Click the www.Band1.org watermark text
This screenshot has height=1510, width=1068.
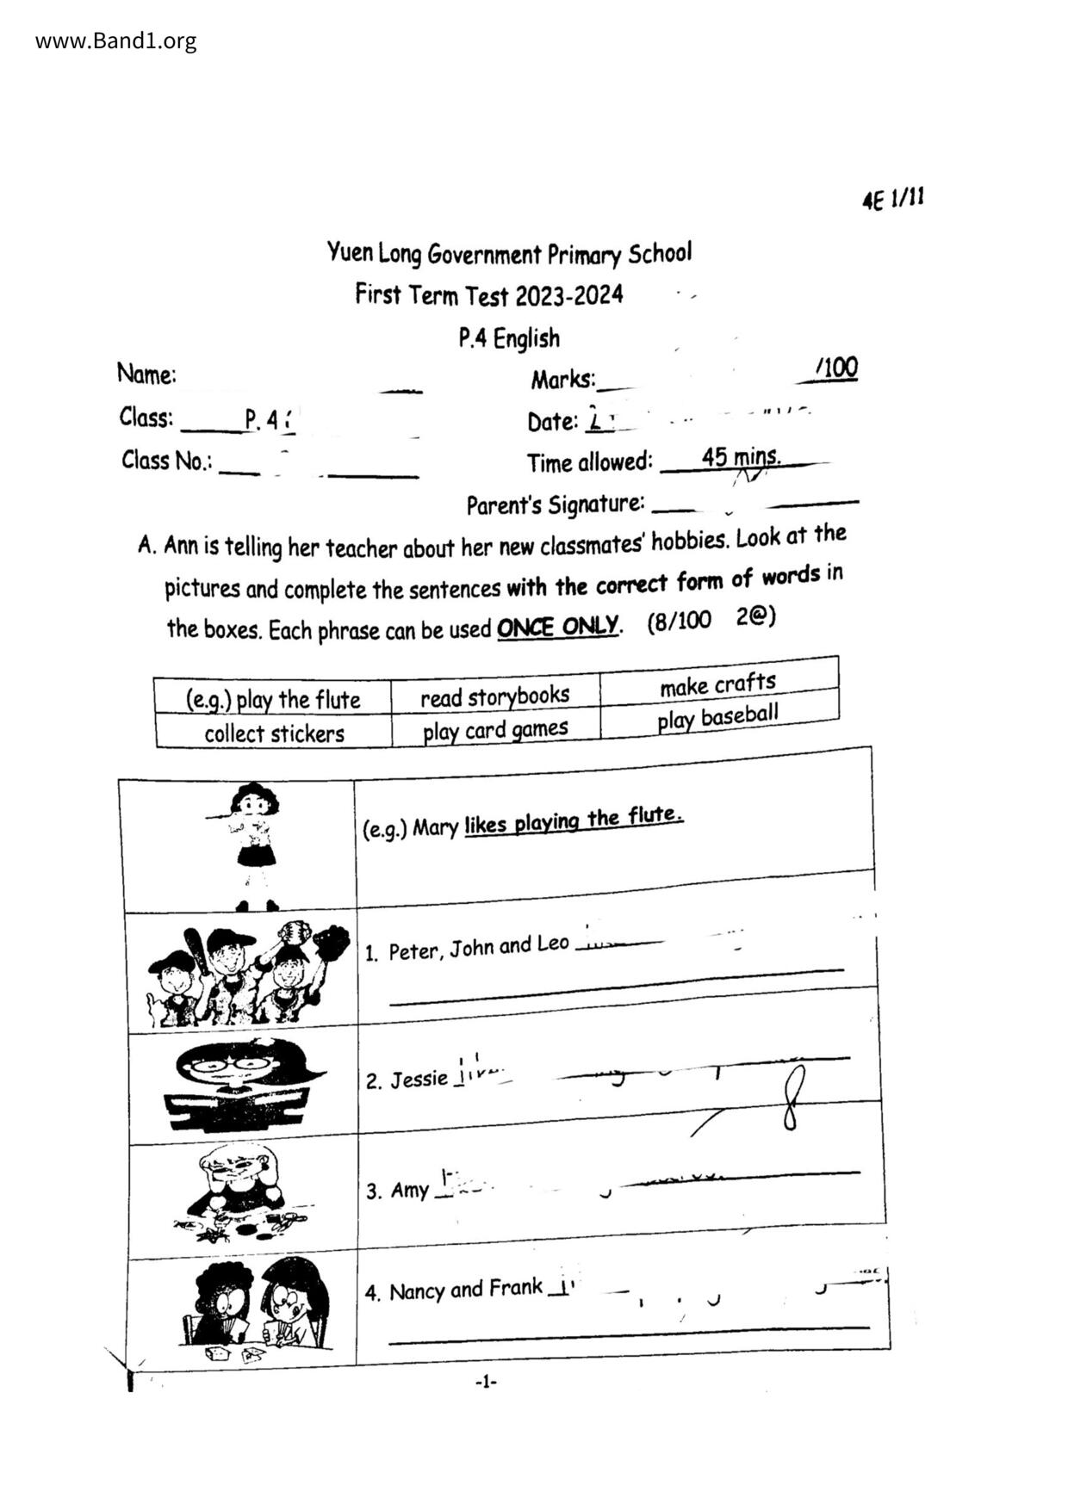(x=115, y=40)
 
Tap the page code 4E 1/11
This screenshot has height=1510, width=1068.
(x=893, y=200)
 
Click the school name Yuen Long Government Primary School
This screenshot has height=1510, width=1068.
(x=508, y=254)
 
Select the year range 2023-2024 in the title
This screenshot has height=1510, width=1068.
(x=568, y=296)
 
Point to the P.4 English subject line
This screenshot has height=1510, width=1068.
(x=509, y=338)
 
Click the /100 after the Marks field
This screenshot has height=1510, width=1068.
(x=836, y=368)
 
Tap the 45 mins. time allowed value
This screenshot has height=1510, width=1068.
(x=741, y=456)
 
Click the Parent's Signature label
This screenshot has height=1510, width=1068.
(x=555, y=504)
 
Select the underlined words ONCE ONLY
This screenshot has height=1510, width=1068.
(x=557, y=627)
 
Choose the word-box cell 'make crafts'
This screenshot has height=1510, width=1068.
(x=717, y=684)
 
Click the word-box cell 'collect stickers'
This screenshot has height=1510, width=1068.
(x=274, y=733)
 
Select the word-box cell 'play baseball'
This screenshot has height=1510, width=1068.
(x=717, y=717)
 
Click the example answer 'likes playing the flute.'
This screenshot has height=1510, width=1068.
(x=574, y=820)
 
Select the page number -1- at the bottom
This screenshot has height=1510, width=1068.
(x=486, y=1382)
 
